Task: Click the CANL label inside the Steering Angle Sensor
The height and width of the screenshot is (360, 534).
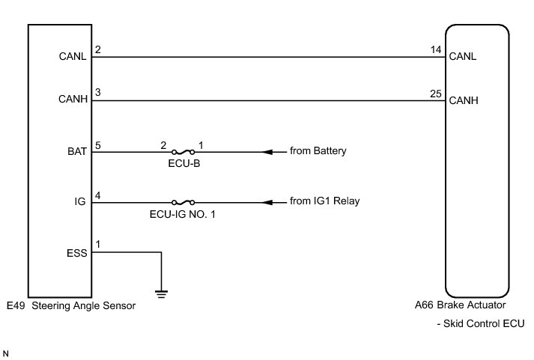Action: (x=73, y=55)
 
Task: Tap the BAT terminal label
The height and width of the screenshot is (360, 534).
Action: (x=78, y=152)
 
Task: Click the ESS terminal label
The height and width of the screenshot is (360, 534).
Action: (x=77, y=252)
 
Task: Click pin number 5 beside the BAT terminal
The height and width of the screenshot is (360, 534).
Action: (x=97, y=145)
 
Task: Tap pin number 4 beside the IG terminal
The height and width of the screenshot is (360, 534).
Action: (x=97, y=195)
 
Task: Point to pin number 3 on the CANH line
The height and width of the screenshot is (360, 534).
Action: (x=97, y=94)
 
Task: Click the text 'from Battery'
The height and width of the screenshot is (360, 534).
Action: (x=318, y=152)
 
